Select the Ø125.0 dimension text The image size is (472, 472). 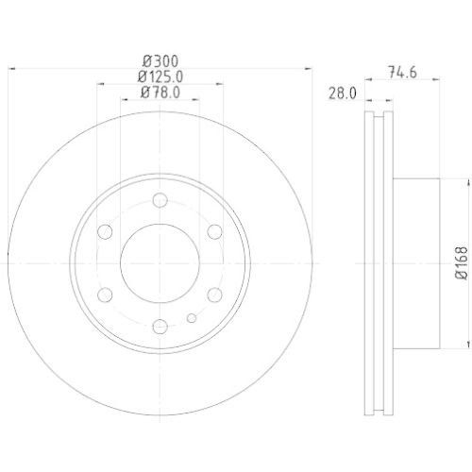[x=159, y=76]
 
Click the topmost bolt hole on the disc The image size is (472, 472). [x=160, y=199]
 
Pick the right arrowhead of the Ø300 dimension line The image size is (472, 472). [x=309, y=67]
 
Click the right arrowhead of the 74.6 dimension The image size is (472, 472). [x=438, y=83]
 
